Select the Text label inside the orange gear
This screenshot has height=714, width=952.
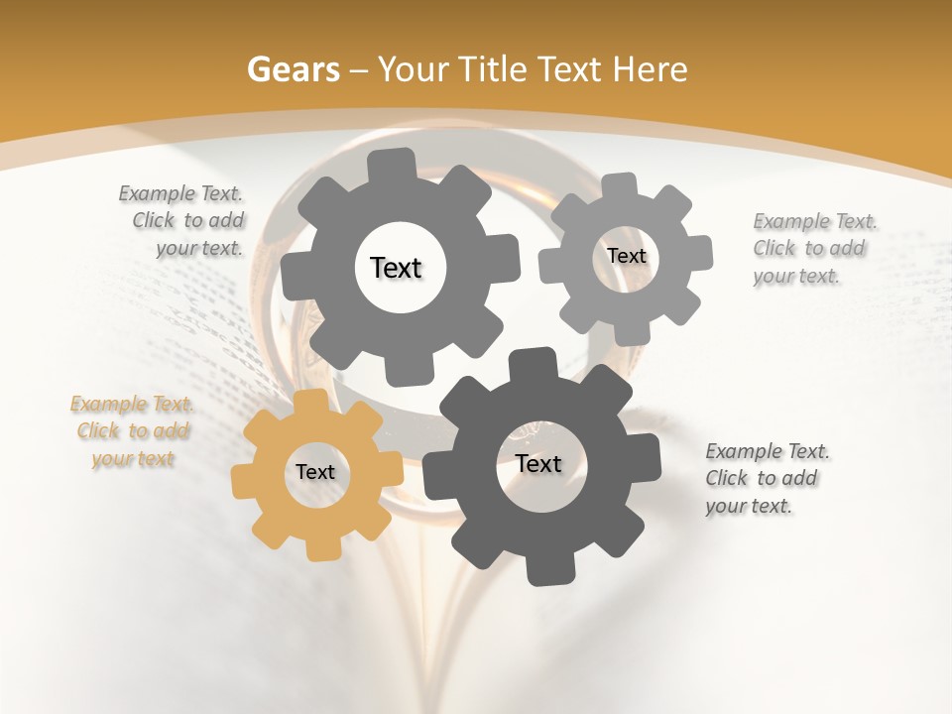pyautogui.click(x=315, y=473)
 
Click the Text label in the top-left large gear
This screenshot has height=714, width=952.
pyautogui.click(x=396, y=268)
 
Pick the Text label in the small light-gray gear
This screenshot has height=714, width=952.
pyautogui.click(x=626, y=256)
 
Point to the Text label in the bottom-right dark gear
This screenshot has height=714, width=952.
pyautogui.click(x=538, y=463)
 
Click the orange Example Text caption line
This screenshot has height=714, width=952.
pyautogui.click(x=132, y=405)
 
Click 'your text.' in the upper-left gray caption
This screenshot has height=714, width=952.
pyautogui.click(x=199, y=248)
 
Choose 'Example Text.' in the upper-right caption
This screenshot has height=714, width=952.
pyautogui.click(x=815, y=221)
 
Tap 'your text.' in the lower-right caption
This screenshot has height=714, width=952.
pyautogui.click(x=749, y=506)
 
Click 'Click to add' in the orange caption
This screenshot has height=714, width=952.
pyautogui.click(x=133, y=431)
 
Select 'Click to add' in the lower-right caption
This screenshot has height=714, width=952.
pyautogui.click(x=762, y=478)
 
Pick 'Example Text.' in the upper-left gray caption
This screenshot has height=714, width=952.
pyautogui.click(x=180, y=193)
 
